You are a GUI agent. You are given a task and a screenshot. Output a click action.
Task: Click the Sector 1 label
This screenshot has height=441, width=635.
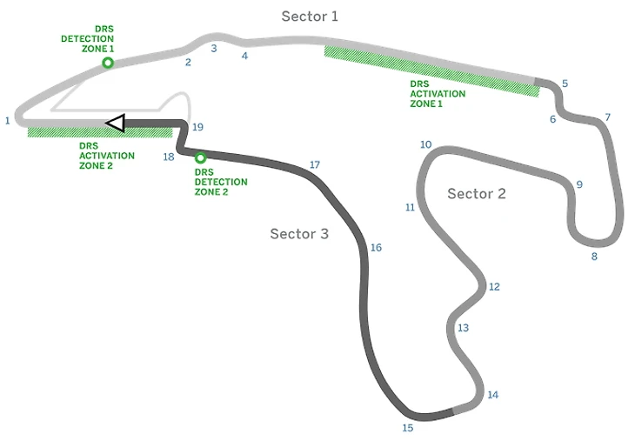coord(310,16)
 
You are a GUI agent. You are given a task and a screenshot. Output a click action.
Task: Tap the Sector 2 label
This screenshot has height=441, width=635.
coord(476,193)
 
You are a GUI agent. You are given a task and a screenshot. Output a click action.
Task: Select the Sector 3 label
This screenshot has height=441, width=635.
coord(298,233)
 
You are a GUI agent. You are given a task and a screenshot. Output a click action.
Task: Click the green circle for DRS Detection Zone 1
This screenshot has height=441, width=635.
coord(108,63)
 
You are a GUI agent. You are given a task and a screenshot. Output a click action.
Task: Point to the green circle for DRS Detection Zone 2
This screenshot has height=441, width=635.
coord(200,158)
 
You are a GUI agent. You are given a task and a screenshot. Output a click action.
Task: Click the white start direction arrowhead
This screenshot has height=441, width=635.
coord(115,124)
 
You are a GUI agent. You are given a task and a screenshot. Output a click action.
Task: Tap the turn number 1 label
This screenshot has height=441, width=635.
coord(7,120)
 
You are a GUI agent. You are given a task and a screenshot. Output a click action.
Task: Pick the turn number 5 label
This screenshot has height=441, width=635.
coord(565,84)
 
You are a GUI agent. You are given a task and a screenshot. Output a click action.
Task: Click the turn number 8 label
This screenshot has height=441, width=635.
coord(594,257)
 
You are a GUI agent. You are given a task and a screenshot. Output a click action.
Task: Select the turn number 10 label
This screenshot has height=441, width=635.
coord(425,144)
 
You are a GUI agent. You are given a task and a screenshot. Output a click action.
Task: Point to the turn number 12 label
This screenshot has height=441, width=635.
coord(494,286)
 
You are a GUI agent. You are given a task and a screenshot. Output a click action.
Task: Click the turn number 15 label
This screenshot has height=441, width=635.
coord(407,427)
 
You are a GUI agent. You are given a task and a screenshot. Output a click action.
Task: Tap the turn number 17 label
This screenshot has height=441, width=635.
coord(315,164)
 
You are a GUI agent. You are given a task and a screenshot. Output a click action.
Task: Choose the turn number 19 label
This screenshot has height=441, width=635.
coord(197,127)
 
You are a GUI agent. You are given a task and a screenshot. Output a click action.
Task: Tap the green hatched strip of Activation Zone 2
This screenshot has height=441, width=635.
coord(100,132)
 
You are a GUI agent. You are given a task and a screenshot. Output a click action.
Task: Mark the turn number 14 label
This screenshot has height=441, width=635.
coord(492,395)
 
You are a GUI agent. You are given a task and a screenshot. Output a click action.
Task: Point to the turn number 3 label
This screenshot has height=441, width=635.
coord(213,49)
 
